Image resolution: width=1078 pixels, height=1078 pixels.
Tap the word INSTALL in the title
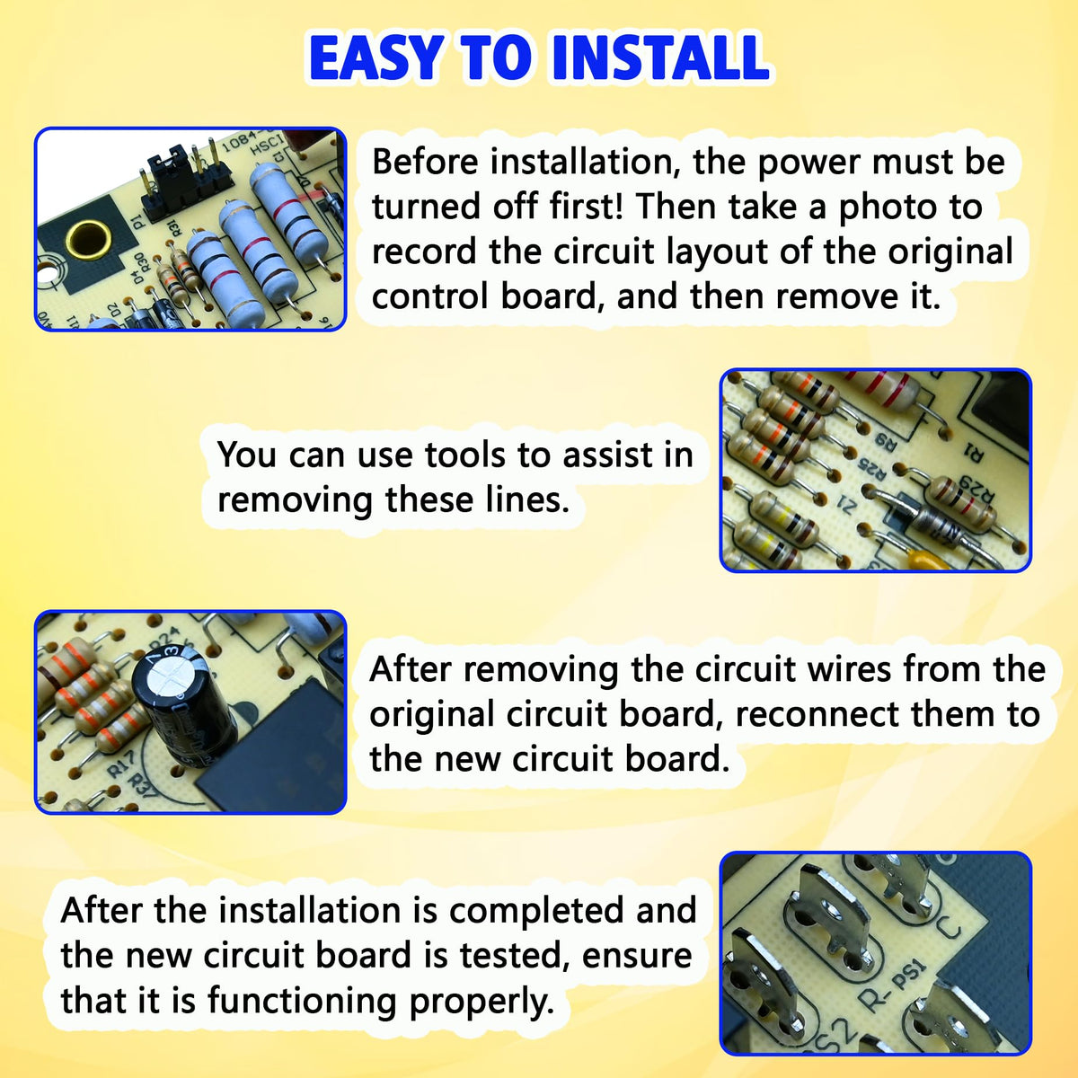pyautogui.click(x=660, y=58)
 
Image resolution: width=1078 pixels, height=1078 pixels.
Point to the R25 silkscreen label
pyautogui.click(x=872, y=469)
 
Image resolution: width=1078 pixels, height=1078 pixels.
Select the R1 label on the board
pyautogui.click(x=974, y=453)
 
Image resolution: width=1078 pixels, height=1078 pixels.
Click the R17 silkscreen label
pyautogui.click(x=121, y=764)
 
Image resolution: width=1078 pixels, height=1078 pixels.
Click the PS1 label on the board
pyautogui.click(x=906, y=980)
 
